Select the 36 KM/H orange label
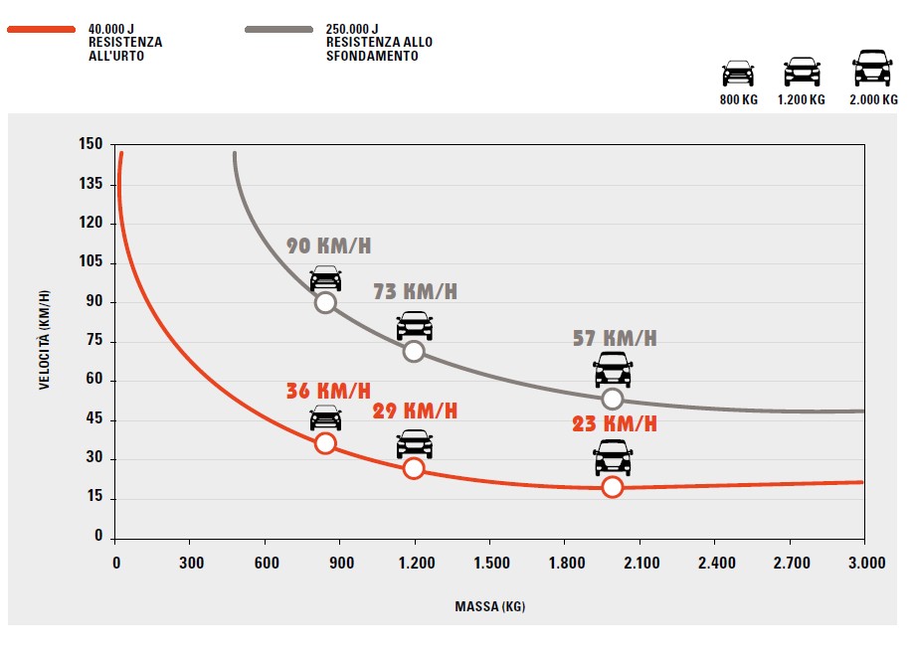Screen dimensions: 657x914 [x=327, y=391]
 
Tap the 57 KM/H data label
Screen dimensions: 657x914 [x=614, y=338]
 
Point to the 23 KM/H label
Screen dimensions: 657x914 [x=614, y=423]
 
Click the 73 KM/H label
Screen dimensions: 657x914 [x=415, y=292]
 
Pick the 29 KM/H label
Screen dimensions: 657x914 [x=415, y=411]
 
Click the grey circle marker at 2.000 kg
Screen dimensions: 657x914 [x=613, y=399]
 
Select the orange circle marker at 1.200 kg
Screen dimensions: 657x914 [x=414, y=468]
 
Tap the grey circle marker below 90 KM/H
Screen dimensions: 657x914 [x=325, y=303]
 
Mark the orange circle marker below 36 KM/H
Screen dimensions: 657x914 [x=325, y=443]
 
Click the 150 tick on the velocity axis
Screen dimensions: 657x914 [x=91, y=145]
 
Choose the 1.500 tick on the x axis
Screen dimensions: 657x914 [x=491, y=564]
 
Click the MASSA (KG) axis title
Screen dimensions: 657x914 [x=490, y=606]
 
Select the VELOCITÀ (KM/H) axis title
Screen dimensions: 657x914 [x=45, y=339]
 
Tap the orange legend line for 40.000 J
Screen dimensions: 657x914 [x=41, y=30]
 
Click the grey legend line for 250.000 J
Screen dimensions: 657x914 [x=279, y=30]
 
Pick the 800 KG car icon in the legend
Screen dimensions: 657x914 [x=738, y=74]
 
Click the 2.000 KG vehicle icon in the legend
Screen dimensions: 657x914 [x=872, y=69]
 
